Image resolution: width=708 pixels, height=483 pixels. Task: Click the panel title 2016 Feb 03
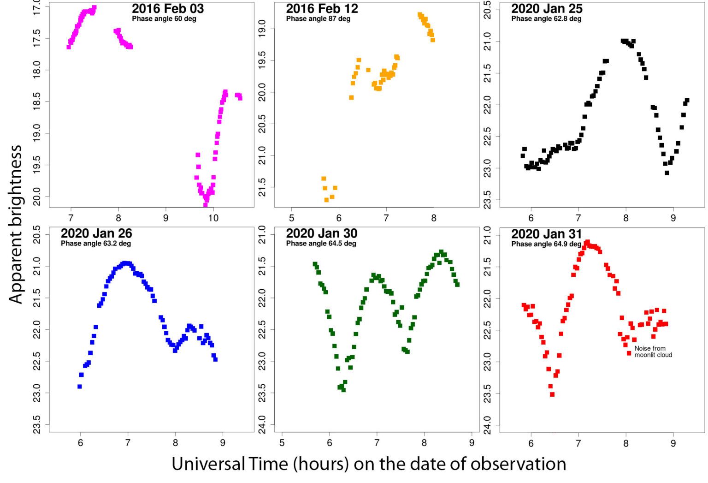(168, 9)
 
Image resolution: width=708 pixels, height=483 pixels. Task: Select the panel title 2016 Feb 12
(322, 9)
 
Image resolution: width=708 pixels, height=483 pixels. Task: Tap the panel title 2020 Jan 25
(547, 9)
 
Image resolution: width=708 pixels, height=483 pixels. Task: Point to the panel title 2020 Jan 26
(96, 233)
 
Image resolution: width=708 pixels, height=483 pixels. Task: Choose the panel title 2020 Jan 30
(322, 233)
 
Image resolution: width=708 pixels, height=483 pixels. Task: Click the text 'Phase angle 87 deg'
(318, 19)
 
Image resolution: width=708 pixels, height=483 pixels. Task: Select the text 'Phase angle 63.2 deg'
(96, 244)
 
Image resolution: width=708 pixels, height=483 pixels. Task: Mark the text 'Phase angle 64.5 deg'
(321, 244)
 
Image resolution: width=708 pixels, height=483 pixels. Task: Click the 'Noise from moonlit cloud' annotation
(653, 352)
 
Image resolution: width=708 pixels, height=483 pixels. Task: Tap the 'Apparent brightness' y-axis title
(16, 224)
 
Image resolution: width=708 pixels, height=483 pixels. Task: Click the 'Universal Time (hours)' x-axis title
(369, 464)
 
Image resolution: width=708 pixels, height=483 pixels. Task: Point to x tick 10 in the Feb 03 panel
(213, 218)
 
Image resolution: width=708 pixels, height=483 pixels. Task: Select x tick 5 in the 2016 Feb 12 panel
(292, 218)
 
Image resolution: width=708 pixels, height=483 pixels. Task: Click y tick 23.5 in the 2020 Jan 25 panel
(488, 200)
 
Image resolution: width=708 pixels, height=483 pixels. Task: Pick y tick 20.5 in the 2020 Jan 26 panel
(37, 234)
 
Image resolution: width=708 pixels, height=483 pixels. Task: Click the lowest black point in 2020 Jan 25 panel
(667, 173)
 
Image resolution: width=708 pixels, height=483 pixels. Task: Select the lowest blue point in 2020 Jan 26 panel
(80, 387)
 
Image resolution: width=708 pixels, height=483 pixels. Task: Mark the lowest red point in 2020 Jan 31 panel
(552, 394)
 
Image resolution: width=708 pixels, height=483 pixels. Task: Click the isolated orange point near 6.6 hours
(368, 70)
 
